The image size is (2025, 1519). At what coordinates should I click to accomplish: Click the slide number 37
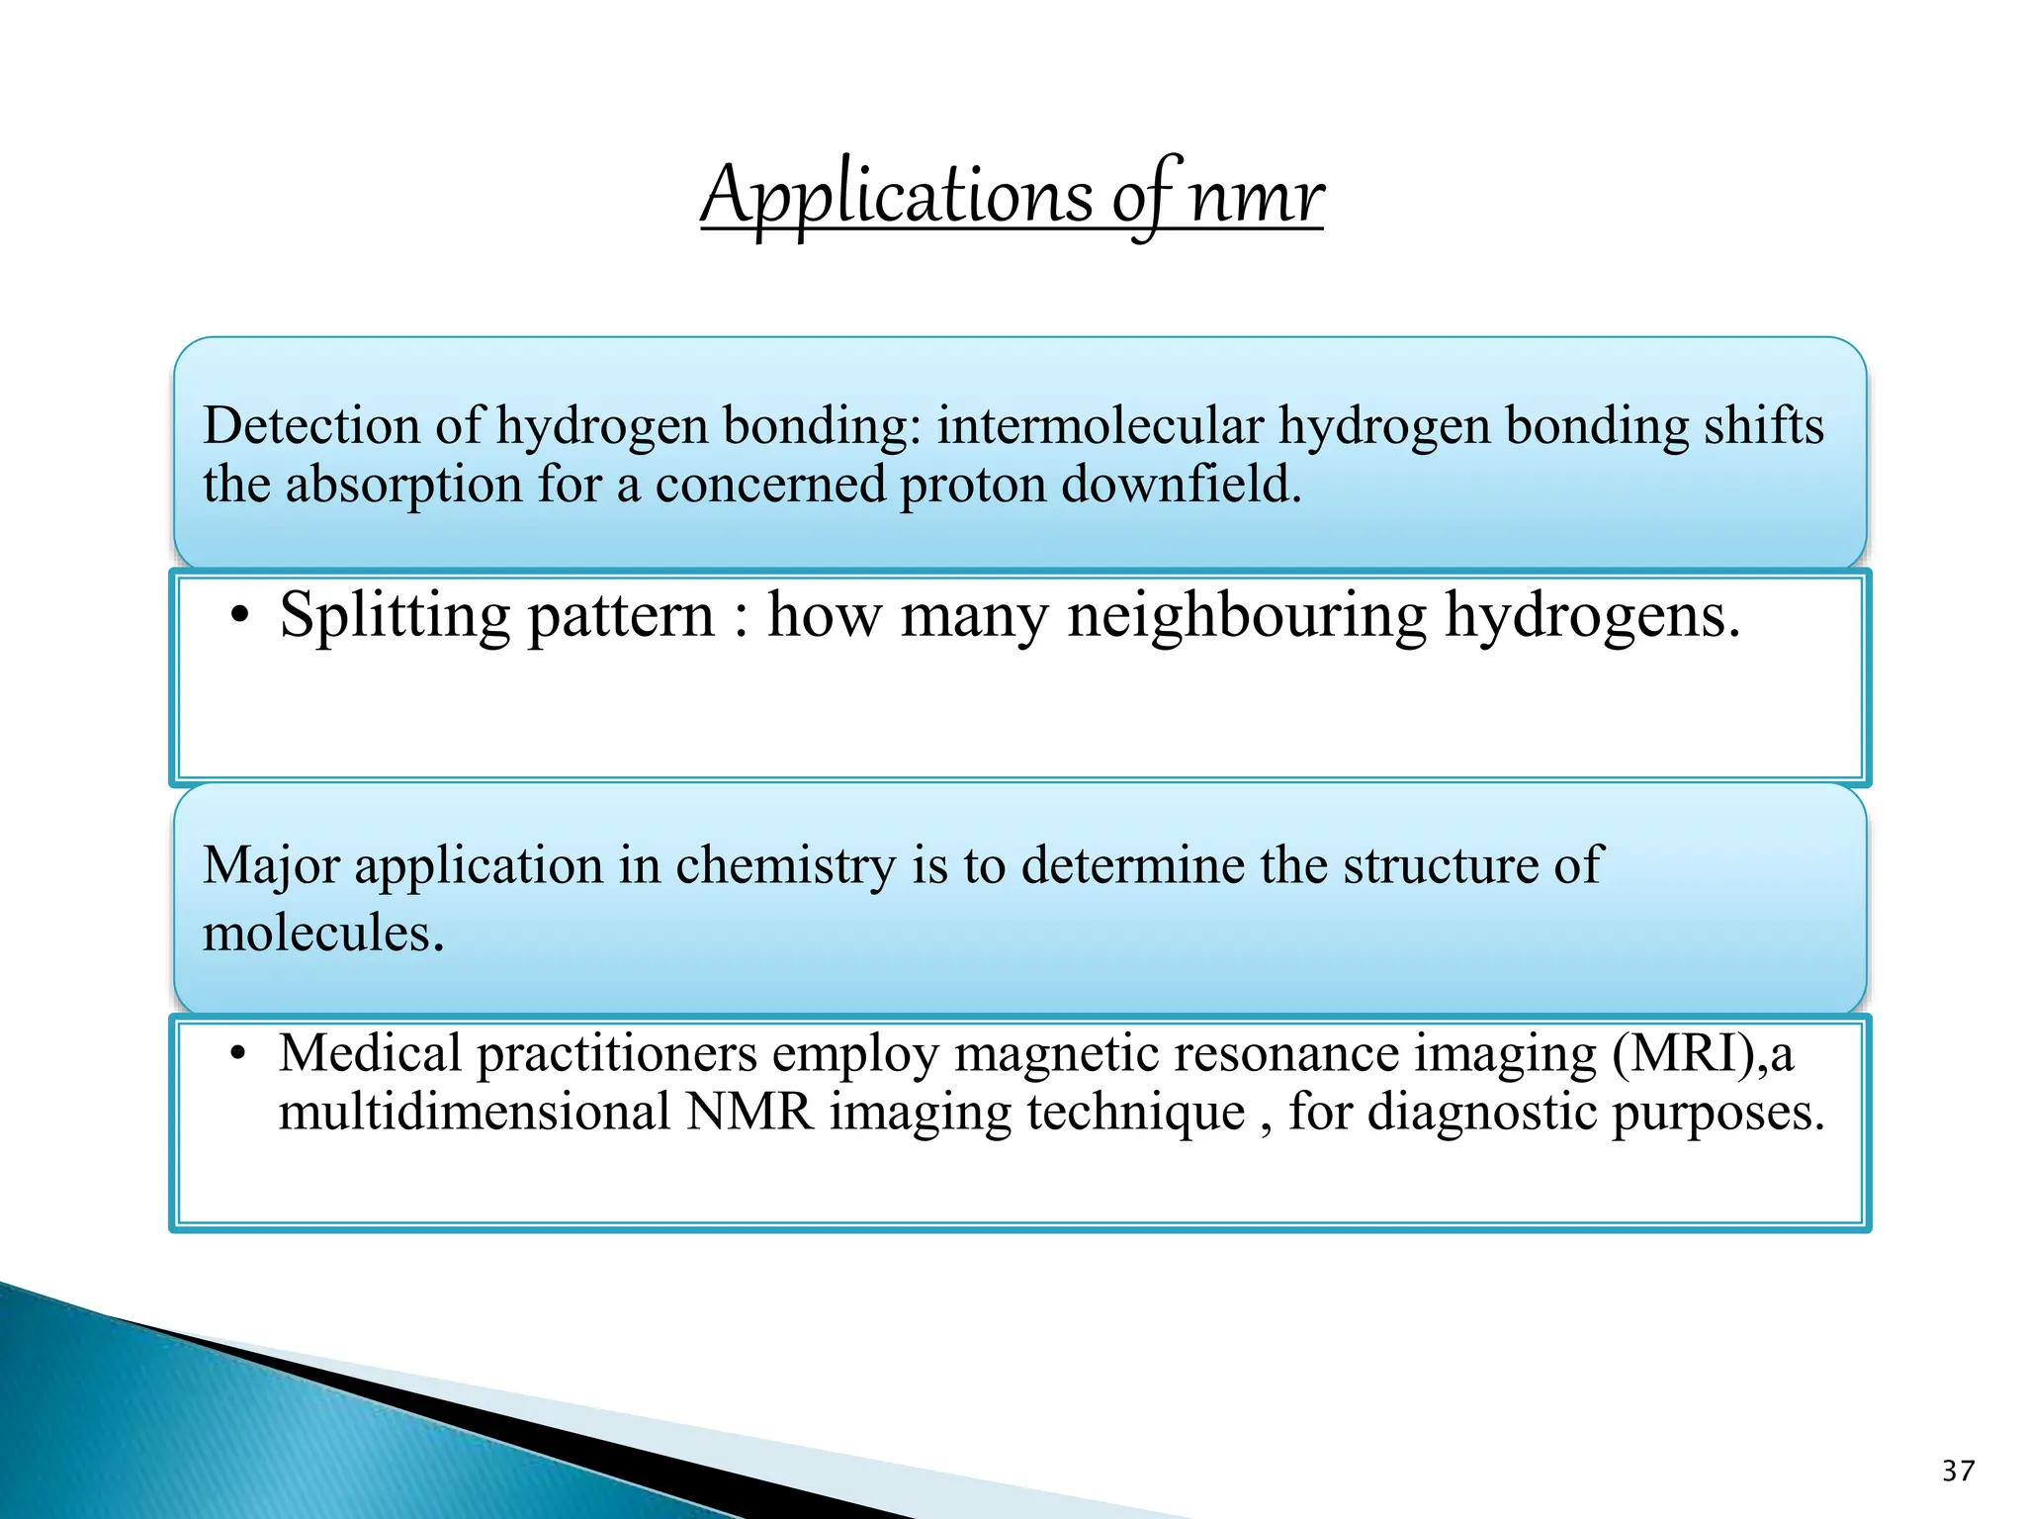1958,1471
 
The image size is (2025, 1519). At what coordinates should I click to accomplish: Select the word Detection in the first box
311,427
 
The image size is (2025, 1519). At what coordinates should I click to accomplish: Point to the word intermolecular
1100,427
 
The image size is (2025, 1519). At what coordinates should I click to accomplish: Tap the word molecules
323,933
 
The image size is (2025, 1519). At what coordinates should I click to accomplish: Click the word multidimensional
475,1113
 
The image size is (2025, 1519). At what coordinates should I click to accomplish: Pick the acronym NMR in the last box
749,1113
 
